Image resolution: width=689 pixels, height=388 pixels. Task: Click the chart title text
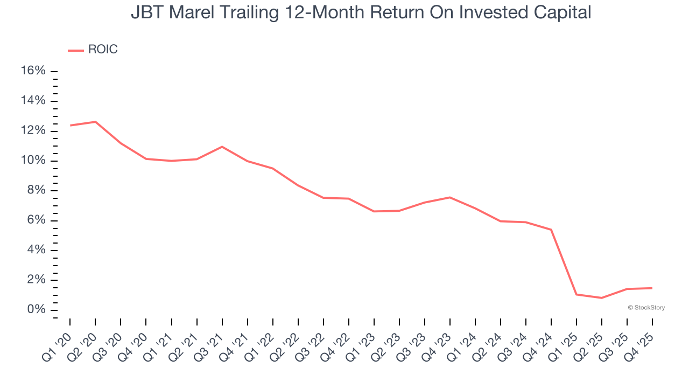361,12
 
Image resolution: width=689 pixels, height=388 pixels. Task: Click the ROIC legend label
102,50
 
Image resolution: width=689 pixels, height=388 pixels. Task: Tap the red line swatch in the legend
76,50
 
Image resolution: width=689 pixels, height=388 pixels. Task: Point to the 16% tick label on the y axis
33,71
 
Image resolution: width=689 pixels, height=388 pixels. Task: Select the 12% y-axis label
33,131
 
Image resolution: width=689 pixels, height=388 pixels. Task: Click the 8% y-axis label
36,191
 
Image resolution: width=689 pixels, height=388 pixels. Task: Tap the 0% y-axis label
36,310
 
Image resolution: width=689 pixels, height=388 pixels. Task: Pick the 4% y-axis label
36,250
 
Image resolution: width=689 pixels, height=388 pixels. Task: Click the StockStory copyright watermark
646,308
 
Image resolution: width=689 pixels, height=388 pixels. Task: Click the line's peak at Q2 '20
95,122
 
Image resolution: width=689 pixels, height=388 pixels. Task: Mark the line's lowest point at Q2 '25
602,298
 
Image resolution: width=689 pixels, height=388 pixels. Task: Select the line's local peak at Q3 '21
222,147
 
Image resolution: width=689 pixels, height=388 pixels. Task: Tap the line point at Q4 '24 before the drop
551,230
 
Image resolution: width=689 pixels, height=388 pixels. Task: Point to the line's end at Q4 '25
652,288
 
